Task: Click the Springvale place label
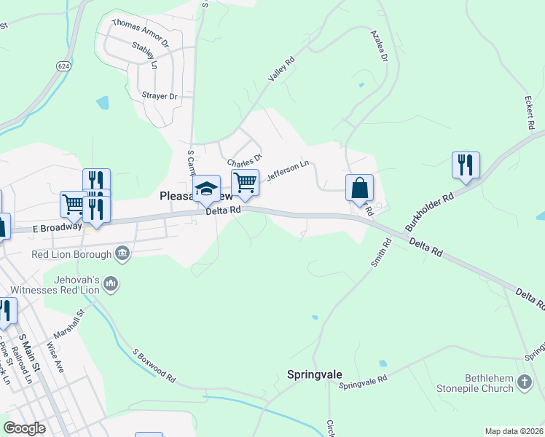tap(314, 376)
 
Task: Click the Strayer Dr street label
tap(160, 96)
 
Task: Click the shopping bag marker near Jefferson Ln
tap(359, 188)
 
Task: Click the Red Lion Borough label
tap(71, 254)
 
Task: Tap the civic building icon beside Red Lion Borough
tap(122, 253)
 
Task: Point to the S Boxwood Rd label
tap(154, 366)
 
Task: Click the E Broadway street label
tap(57, 227)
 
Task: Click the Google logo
tap(25, 428)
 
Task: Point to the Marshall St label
tap(76, 322)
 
